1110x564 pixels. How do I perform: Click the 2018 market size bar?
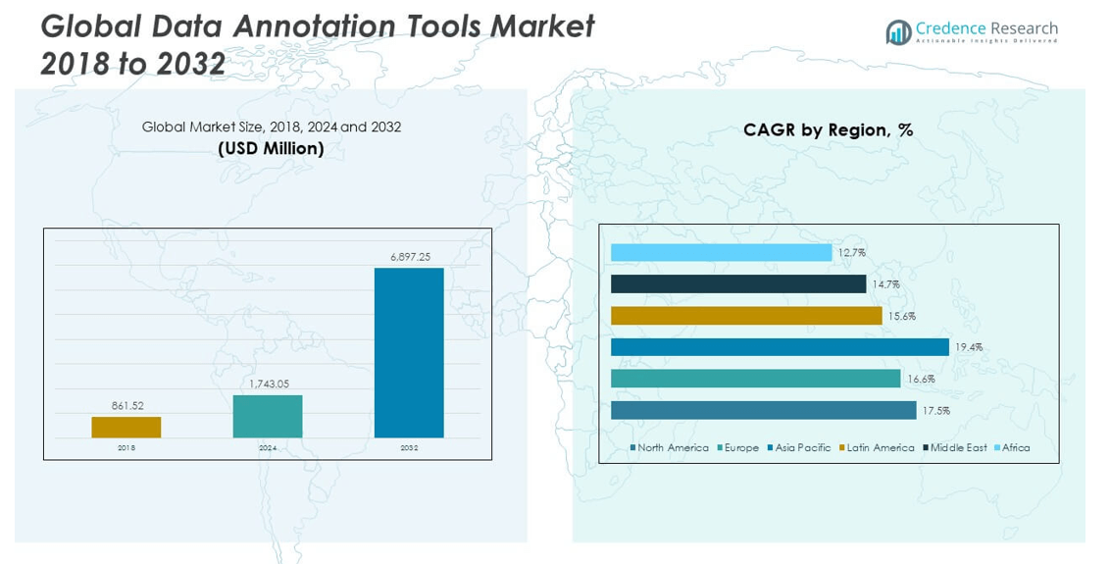(x=126, y=427)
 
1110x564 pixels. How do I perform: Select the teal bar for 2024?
(x=268, y=416)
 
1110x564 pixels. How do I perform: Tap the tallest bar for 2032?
(x=409, y=352)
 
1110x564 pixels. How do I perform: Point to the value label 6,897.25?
(x=410, y=257)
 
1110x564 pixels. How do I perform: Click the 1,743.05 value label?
(x=268, y=385)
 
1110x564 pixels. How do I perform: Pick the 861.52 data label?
(x=126, y=405)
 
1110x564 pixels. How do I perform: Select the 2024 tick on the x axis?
(x=268, y=448)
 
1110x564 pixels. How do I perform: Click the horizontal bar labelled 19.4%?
(x=780, y=347)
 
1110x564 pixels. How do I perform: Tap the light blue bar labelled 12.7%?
(x=721, y=253)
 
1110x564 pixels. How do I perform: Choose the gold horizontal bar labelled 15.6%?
(x=746, y=316)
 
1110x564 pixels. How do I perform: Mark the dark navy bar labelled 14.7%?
(x=738, y=284)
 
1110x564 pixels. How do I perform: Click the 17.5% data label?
(x=935, y=410)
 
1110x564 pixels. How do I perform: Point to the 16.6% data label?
(x=920, y=379)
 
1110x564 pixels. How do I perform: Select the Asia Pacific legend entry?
(x=798, y=448)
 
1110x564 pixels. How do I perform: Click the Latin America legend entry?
(x=876, y=448)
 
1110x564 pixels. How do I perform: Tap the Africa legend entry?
(x=1011, y=448)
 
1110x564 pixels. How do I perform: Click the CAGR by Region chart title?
(x=828, y=130)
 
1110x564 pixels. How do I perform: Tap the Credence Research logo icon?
(x=898, y=32)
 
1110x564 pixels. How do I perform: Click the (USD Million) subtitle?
(x=271, y=149)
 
